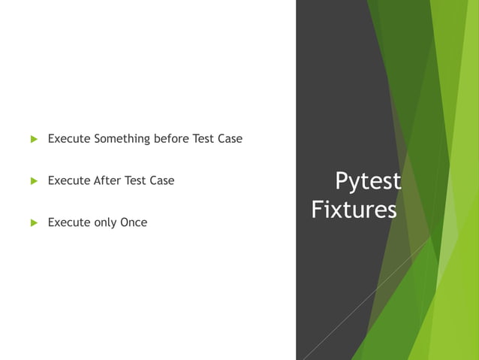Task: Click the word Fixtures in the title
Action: click(354, 210)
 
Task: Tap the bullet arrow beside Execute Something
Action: click(33, 140)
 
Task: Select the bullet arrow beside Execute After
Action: click(33, 181)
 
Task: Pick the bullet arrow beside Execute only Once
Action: click(33, 222)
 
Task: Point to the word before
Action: click(171, 139)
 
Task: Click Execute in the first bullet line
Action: click(69, 139)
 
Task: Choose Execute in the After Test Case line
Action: click(69, 180)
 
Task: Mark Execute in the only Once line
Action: click(69, 222)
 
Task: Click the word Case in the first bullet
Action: click(230, 139)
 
